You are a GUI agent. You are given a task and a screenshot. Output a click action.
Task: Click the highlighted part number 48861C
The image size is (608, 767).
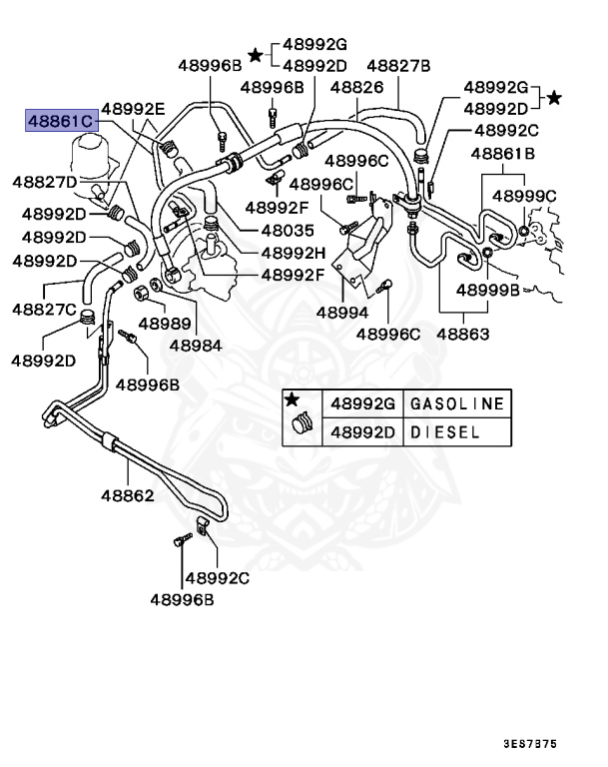(x=60, y=121)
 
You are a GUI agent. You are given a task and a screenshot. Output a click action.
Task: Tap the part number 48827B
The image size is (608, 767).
(x=397, y=66)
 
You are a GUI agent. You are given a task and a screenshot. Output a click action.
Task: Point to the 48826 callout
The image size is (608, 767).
(x=356, y=88)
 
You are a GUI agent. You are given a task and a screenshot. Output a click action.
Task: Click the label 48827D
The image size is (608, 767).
(x=45, y=182)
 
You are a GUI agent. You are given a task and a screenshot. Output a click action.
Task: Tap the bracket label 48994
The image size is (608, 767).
(x=342, y=312)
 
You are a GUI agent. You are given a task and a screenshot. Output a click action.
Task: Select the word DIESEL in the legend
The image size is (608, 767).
(x=447, y=433)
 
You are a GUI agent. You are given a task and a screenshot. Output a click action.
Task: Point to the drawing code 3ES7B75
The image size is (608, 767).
(x=530, y=743)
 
